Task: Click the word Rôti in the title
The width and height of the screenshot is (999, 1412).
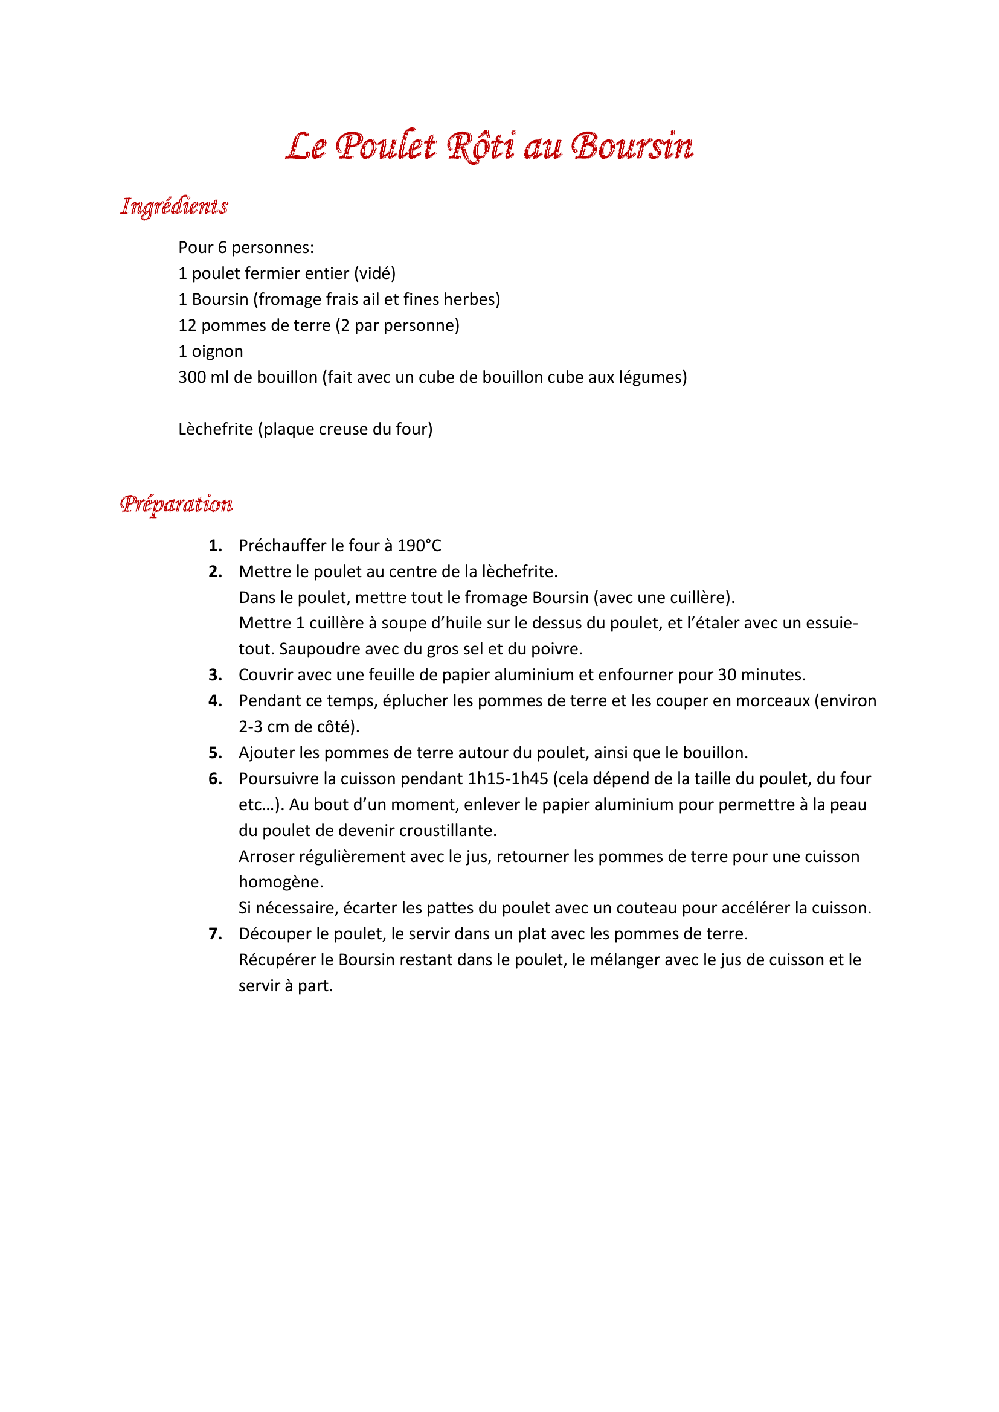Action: point(480,147)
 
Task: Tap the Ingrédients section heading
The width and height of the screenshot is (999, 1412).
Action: point(174,206)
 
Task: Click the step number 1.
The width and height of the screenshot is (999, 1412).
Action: point(214,546)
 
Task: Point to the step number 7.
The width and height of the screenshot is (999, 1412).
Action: point(214,933)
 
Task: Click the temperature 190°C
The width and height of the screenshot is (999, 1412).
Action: point(419,546)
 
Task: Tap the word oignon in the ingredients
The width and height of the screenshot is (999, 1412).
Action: point(217,351)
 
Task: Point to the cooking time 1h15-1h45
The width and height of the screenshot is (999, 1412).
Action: point(507,779)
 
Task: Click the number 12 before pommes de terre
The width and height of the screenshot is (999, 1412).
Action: point(187,325)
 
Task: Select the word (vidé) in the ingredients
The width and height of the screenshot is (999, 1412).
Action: point(374,273)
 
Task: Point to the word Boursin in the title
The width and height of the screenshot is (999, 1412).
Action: point(632,147)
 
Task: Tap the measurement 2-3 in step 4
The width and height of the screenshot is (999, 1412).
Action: point(251,727)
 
